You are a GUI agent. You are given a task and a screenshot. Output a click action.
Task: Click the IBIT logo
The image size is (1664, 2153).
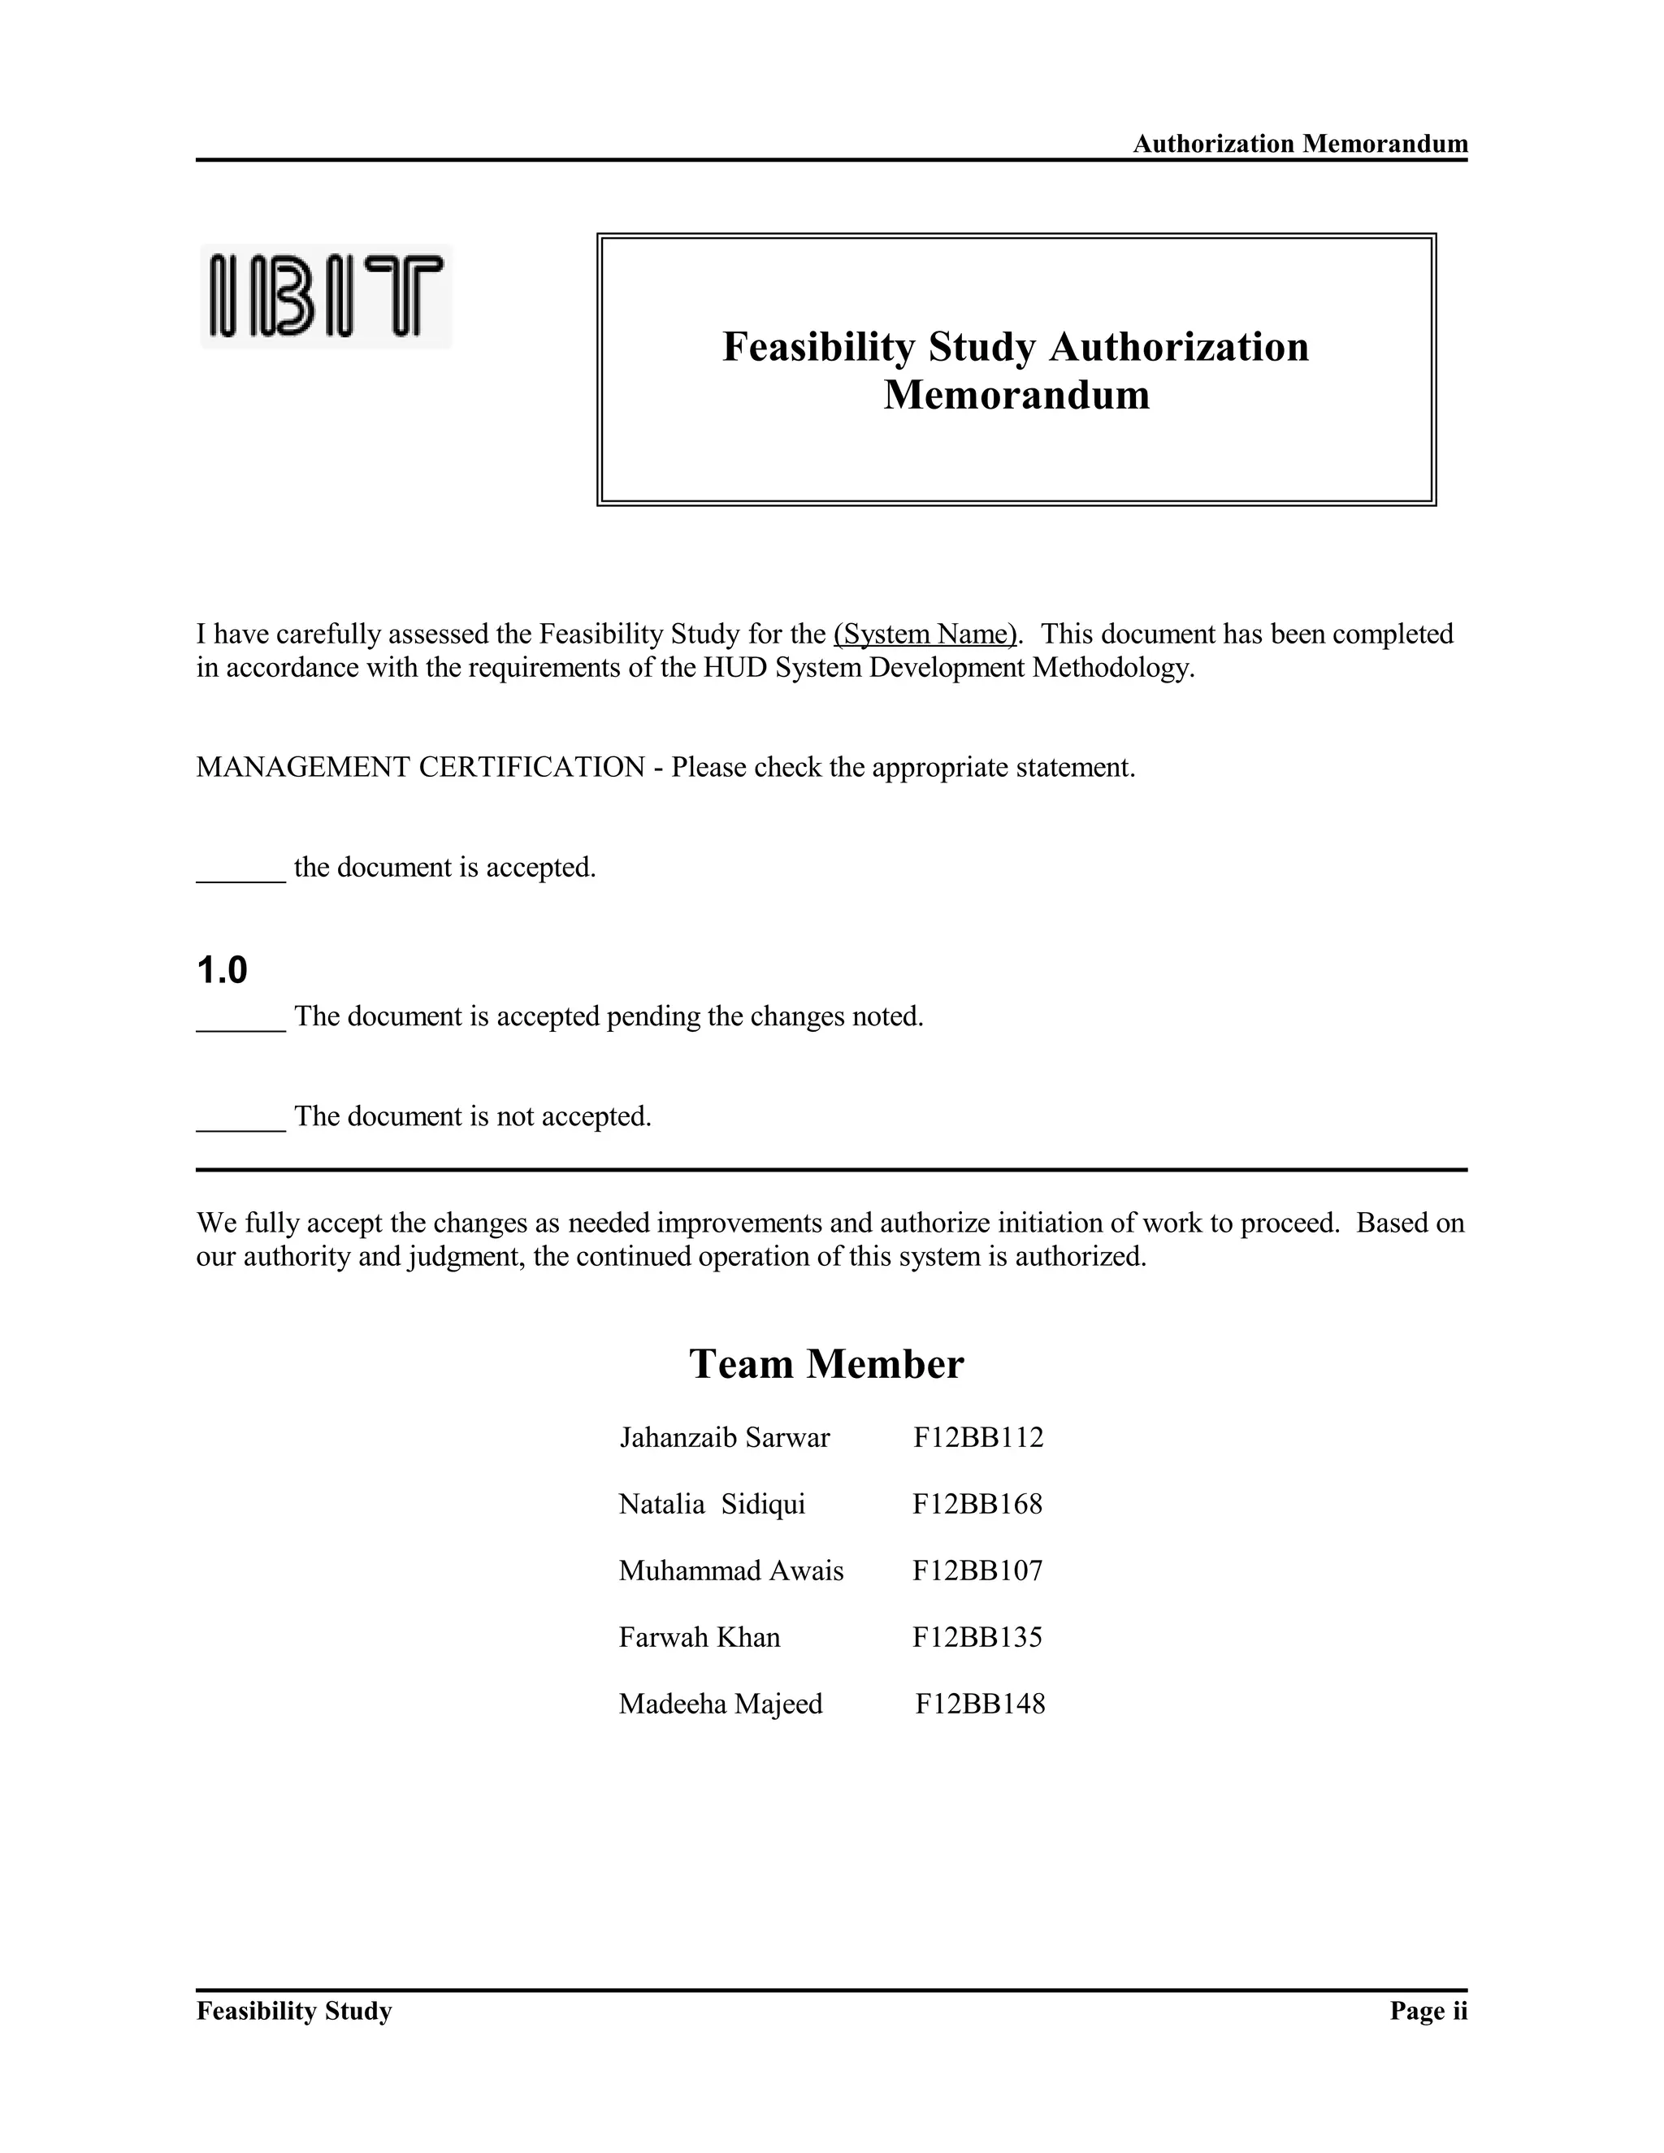327,296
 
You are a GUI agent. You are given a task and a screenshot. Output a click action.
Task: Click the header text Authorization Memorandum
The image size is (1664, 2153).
1299,144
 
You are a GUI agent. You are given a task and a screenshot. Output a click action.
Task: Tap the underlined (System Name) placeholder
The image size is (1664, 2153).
925,634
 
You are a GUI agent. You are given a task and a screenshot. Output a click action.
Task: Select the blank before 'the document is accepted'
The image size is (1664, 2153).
240,869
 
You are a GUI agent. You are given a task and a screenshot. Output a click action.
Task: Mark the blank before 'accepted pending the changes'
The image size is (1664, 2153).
240,1018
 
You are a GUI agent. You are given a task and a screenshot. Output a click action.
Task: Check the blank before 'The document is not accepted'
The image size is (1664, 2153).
240,1118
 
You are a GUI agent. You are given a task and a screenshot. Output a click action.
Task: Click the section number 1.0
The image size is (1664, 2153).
222,971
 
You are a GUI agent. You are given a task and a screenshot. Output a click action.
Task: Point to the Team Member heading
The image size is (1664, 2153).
826,1364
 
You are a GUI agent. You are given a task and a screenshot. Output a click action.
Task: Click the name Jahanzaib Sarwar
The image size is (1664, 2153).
725,1438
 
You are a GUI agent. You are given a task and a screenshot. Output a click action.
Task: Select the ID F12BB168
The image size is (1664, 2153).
977,1505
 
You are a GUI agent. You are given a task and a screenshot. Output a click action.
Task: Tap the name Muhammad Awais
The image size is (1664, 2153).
730,1571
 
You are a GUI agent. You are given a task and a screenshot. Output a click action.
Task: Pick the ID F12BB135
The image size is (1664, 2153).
977,1637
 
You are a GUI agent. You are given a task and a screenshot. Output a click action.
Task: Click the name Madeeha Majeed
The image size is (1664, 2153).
721,1705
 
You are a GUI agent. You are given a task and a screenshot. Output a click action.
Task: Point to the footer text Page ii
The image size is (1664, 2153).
1428,2011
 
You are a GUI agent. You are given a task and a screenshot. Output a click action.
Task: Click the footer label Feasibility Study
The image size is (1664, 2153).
294,2011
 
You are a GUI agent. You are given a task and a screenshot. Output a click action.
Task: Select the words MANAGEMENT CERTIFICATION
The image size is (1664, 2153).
420,767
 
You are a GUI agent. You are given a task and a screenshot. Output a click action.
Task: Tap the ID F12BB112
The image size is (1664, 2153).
978,1438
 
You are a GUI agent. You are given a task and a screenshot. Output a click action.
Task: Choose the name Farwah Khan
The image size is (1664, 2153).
699,1637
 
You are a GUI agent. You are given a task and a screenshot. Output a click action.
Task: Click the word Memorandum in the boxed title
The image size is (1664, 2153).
1016,396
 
